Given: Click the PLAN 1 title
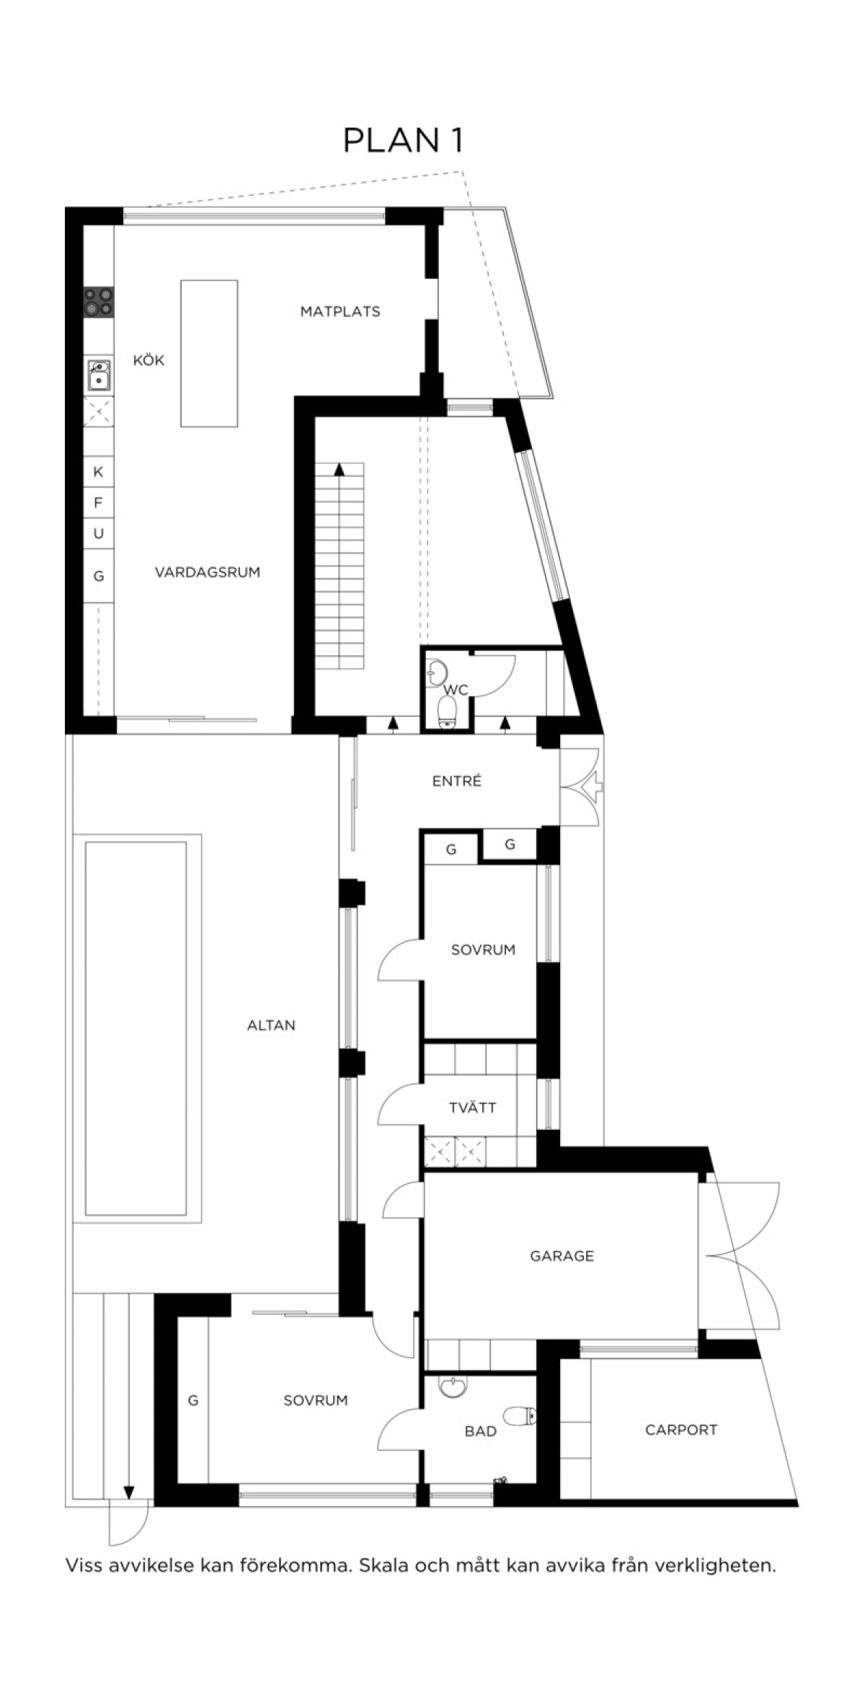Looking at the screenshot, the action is (402, 141).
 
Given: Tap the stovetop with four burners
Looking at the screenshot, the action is (99, 301).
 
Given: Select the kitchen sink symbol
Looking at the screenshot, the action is (99, 375).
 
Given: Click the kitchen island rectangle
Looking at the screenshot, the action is (209, 353).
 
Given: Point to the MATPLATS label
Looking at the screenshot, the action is (340, 311).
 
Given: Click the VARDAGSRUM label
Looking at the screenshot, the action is (208, 572).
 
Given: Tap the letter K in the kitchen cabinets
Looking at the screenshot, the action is (99, 472).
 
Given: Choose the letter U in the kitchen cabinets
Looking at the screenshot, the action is (99, 533).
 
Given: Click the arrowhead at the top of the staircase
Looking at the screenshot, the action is (339, 469).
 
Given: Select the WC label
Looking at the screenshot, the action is (456, 690).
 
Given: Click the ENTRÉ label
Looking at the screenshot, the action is (457, 780).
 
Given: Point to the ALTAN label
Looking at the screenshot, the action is (271, 1025).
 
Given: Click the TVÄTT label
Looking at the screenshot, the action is (473, 1108).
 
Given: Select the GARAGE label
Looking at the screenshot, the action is (562, 1256).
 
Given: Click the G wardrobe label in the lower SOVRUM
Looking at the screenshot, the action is (193, 1400).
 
